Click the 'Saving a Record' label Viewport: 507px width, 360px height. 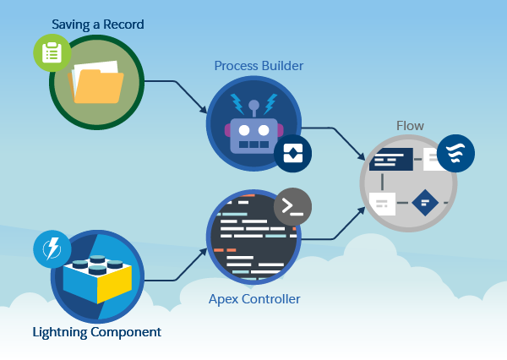pos(97,24)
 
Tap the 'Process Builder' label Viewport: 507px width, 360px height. pos(259,65)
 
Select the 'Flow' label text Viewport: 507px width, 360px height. pos(410,126)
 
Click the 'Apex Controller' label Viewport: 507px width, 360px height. pos(254,298)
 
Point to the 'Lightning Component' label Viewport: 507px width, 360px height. pos(96,331)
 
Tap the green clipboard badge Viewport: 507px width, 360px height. pos(52,53)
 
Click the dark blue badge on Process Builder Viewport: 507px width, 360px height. pos(292,153)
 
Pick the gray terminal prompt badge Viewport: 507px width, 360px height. pos(292,205)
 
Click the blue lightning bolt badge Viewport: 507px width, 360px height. pos(52,249)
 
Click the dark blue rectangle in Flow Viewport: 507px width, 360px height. pos(391,158)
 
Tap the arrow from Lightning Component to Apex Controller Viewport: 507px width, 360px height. pos(179,270)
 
